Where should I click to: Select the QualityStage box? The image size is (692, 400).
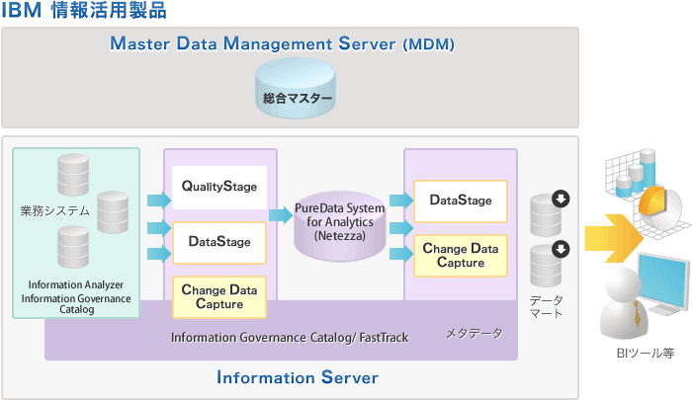[x=219, y=187]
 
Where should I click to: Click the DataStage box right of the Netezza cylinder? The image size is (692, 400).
[x=461, y=200]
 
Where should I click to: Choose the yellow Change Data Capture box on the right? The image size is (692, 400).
[x=461, y=256]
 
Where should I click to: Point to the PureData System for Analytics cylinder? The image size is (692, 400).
[x=339, y=223]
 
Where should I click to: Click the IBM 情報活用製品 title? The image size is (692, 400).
[x=84, y=12]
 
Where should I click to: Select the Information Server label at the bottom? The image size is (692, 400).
[x=297, y=377]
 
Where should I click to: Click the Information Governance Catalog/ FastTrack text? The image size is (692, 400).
[x=290, y=338]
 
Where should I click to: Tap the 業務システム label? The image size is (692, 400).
[x=54, y=210]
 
